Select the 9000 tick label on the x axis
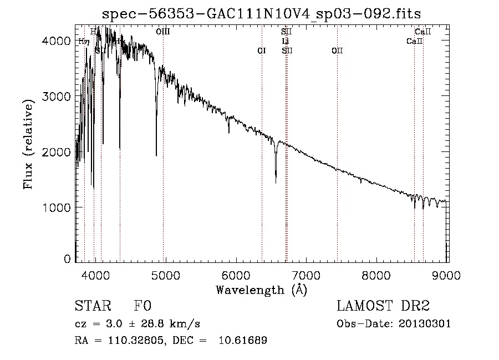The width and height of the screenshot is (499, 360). coord(447,274)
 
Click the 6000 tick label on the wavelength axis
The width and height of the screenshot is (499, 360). coord(236,274)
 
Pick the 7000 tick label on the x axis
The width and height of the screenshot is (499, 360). coord(307,274)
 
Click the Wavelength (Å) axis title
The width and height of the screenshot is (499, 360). coord(261,290)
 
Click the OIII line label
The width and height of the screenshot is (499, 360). coord(163,32)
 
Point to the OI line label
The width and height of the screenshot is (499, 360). coord(262,50)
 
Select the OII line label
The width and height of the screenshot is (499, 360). coord(337,50)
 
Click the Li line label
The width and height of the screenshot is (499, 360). coord(286,41)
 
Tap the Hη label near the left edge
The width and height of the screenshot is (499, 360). coord(83,41)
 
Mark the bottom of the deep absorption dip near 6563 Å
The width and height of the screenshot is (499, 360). coord(276,182)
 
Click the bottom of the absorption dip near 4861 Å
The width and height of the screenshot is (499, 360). coord(156,155)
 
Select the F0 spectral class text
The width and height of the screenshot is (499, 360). coord(142,307)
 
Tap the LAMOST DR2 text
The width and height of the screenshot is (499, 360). coord(383,307)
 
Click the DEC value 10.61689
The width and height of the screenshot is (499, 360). coord(243,341)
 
